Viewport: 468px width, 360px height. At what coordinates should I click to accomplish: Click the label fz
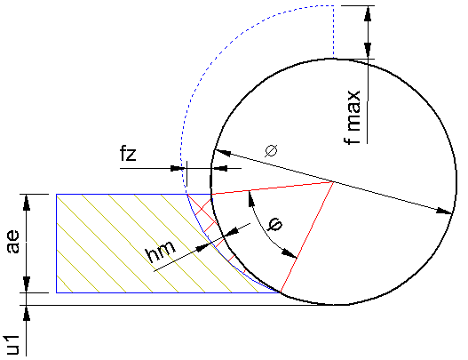[x=128, y=154]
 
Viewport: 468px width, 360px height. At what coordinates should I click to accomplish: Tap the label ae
[x=12, y=242]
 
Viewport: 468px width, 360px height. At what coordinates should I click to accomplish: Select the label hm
[x=160, y=251]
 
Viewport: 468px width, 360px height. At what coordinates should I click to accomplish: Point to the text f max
[x=353, y=117]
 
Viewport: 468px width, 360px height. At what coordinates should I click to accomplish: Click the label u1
[x=12, y=345]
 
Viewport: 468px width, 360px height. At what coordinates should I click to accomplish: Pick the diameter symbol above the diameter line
[x=271, y=150]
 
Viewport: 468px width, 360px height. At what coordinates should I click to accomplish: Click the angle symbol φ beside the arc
[x=275, y=224]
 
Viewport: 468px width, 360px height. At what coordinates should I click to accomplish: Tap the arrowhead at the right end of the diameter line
[x=445, y=212]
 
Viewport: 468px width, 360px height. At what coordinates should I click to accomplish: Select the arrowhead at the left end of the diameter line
[x=223, y=152]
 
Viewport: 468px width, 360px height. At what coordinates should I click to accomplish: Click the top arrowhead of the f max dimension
[x=368, y=13]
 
